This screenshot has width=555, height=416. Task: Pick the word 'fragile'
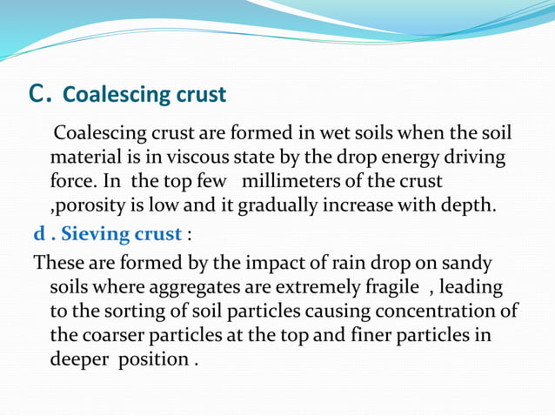click(388, 286)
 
